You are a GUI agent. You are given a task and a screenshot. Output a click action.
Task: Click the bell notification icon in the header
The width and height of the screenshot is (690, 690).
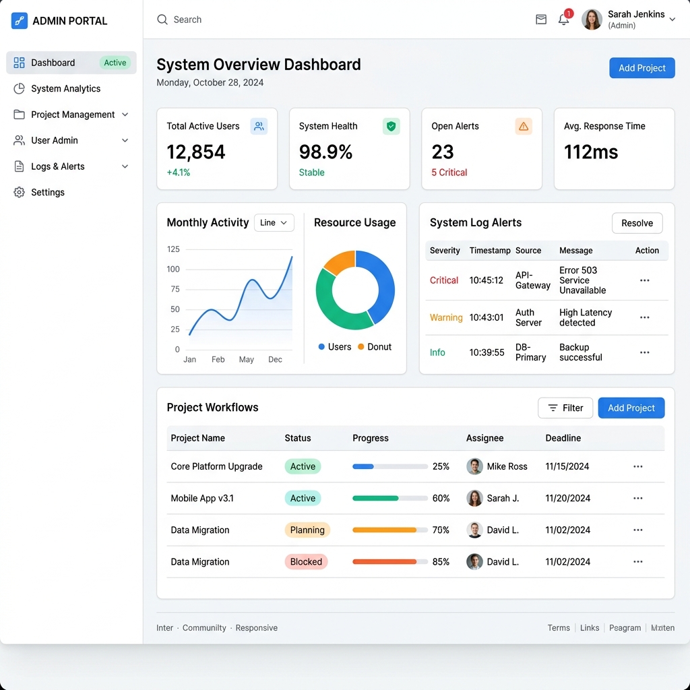coord(563,20)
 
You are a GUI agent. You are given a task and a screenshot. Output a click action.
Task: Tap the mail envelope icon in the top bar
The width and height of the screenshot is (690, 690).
coord(541,20)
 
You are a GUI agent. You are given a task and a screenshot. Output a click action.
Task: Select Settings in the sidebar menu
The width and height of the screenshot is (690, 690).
coord(48,192)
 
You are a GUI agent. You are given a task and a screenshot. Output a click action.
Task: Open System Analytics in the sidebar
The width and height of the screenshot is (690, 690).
coord(65,88)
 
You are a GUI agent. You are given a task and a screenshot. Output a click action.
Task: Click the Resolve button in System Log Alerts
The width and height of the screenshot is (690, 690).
coord(637,223)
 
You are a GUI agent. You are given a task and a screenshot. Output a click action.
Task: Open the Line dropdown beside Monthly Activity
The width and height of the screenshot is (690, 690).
coord(274,222)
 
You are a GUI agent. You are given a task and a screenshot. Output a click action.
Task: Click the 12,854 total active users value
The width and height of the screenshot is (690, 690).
coord(196,152)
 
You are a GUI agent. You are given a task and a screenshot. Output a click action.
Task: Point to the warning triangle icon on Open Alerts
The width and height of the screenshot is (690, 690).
coord(523,126)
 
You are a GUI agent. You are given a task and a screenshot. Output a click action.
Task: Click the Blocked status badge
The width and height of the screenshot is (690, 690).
coord(306,561)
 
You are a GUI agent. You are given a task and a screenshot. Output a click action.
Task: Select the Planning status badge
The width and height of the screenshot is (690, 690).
coord(307,530)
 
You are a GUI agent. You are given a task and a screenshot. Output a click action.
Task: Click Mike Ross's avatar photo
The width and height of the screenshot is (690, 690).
coord(474,466)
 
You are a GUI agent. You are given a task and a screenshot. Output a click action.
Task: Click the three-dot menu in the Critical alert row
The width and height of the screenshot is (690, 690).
coord(645,280)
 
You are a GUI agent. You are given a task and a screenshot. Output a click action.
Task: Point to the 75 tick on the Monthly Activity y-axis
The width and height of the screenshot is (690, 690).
coord(175,289)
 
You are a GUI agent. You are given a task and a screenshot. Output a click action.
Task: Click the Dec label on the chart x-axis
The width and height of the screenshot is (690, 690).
coord(275,360)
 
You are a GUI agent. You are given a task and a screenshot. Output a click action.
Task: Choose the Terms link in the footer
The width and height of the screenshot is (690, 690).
coord(559,628)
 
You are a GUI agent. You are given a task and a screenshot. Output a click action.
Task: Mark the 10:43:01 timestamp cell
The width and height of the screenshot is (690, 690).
coord(487,317)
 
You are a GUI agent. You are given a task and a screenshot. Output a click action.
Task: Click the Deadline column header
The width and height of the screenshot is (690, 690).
coord(563,438)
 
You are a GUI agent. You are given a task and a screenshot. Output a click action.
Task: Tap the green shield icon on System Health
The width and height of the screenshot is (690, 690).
coord(391,126)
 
